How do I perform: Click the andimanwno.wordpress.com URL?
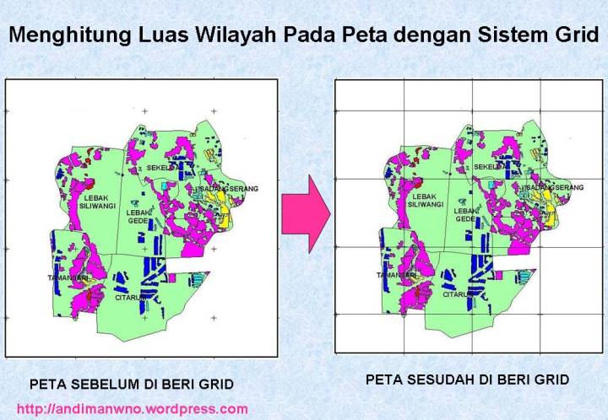coord(132,409)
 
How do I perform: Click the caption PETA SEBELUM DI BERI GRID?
coord(132,385)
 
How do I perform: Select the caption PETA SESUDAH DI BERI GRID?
coord(467,380)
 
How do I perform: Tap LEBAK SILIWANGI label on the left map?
coord(78,203)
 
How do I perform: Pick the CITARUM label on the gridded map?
coord(459,294)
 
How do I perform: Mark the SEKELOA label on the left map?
coord(158,168)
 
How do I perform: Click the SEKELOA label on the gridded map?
coord(487,167)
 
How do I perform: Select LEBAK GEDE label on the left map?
coord(138,216)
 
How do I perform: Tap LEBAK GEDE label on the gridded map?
coord(465,214)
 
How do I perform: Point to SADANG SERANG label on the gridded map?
coord(554,186)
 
